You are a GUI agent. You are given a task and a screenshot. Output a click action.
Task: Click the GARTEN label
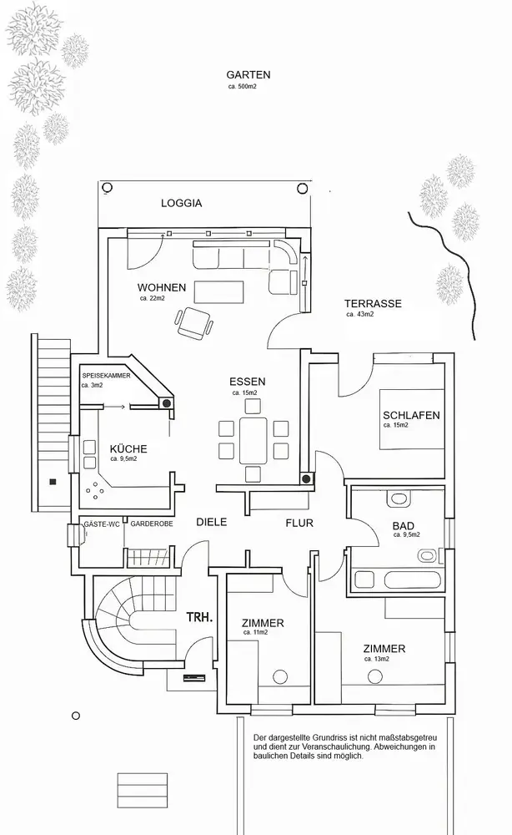[x=248, y=74]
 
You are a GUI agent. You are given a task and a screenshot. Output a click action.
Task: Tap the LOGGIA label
[x=181, y=203]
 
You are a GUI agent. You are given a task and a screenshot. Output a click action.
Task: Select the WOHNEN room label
[x=162, y=287]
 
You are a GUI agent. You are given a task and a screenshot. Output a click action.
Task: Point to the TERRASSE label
[x=374, y=304]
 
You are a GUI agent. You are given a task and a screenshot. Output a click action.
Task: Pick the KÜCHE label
[x=128, y=449]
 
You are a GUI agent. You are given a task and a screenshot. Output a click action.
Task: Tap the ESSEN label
[x=247, y=382]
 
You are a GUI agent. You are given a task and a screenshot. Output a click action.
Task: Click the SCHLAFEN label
[x=411, y=415]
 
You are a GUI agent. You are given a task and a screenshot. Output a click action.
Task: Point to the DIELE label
[x=212, y=522]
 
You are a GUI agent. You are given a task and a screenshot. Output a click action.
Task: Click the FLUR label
[x=299, y=524]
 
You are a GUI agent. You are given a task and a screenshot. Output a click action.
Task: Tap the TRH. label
[x=200, y=620]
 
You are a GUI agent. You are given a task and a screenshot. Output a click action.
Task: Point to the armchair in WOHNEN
[x=194, y=321]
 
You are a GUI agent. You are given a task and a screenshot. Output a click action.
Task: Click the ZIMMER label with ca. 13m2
[x=384, y=648]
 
